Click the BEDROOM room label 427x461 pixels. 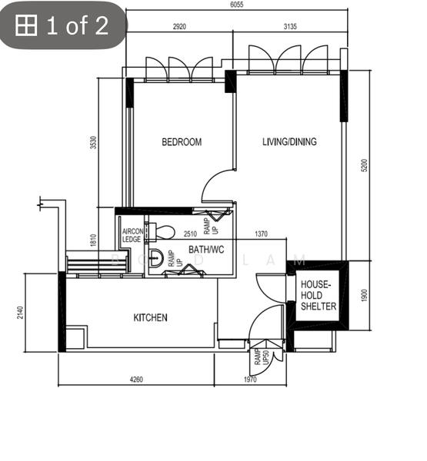click(182, 142)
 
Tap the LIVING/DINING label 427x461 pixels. click(289, 142)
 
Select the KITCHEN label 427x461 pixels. click(150, 318)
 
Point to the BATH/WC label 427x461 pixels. click(205, 250)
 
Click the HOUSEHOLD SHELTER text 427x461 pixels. click(318, 295)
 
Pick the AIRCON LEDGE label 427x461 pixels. click(132, 235)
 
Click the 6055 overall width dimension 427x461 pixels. click(237, 5)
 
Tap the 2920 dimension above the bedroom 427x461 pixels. click(178, 27)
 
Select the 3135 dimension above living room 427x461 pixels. click(289, 27)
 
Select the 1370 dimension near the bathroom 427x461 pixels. click(261, 234)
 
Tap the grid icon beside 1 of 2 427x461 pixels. click(27, 26)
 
